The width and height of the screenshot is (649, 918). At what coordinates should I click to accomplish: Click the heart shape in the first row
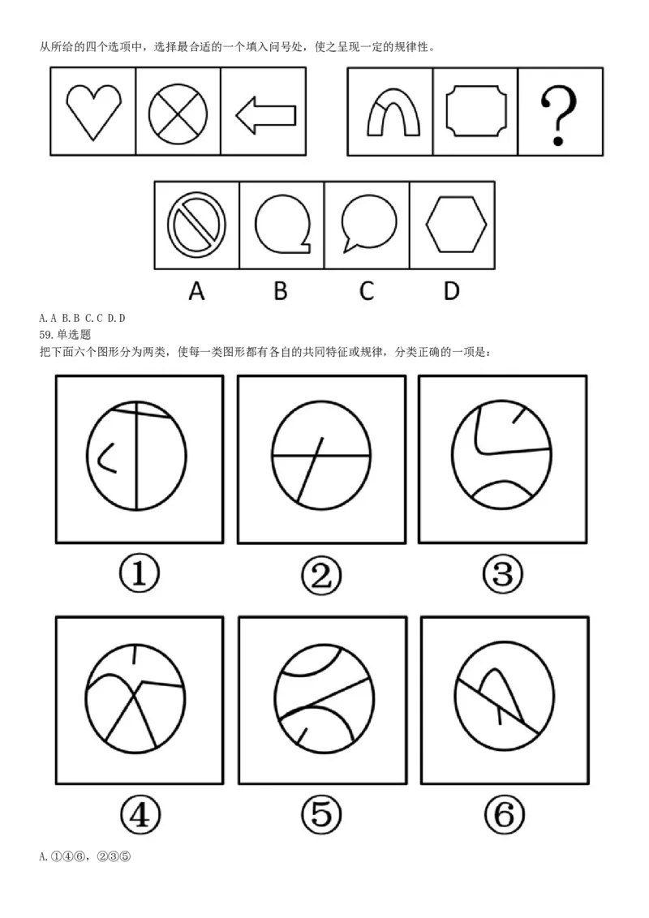(93, 111)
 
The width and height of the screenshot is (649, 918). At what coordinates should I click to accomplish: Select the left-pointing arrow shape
(265, 114)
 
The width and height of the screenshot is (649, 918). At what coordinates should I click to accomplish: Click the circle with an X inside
(178, 112)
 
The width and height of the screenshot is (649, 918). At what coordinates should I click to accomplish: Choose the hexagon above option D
(456, 225)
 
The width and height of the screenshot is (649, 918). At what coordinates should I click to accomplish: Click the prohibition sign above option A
(196, 224)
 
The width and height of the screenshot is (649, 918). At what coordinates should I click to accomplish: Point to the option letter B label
(280, 291)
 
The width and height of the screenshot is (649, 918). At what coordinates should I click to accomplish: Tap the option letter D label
(452, 291)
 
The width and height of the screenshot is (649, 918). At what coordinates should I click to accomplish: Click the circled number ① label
(139, 574)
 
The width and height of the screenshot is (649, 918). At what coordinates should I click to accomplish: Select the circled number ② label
(321, 575)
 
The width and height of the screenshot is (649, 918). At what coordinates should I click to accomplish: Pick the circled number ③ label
(503, 574)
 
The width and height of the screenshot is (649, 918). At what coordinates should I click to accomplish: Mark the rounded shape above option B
(282, 223)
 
